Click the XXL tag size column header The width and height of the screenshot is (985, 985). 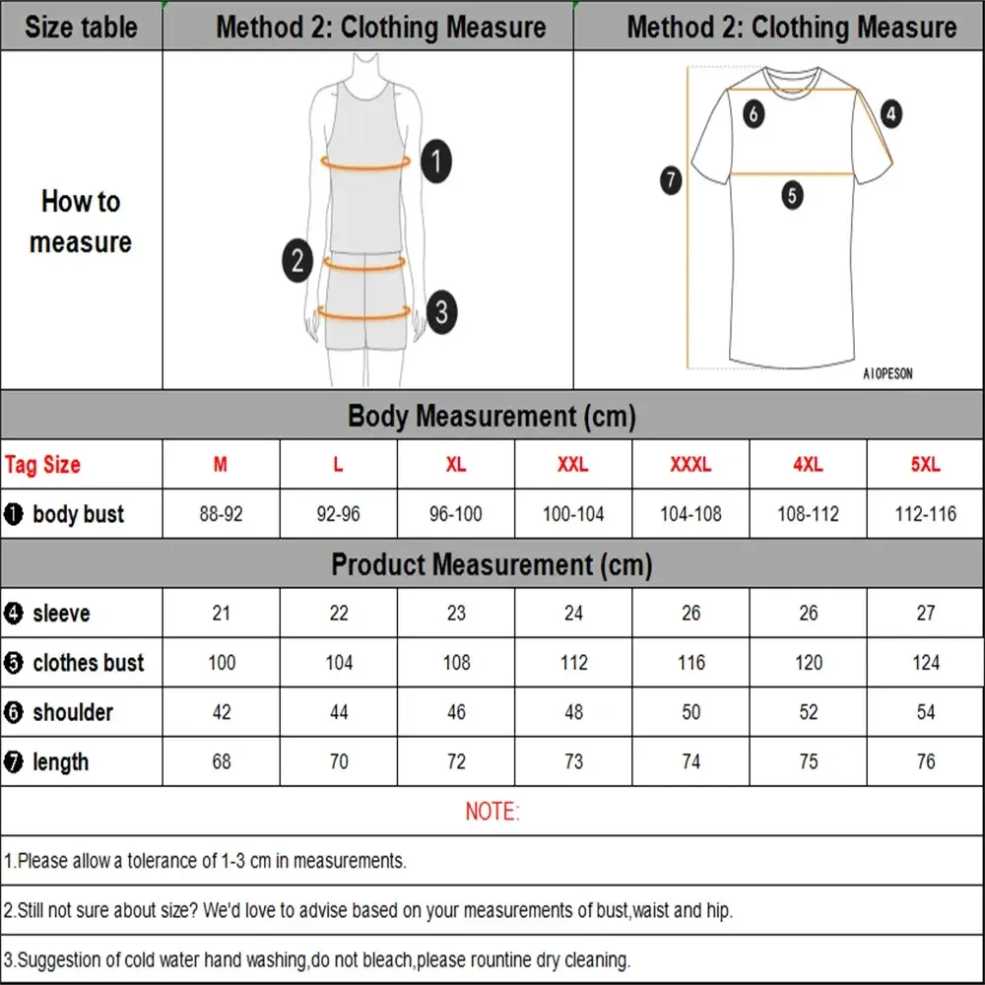coord(573,465)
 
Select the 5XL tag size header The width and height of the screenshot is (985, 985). coord(925,465)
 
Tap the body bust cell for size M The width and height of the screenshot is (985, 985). coord(221,514)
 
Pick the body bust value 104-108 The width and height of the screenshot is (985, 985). coord(690,514)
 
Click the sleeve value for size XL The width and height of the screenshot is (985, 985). coord(456,613)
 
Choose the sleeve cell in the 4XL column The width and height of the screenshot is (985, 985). coord(808,613)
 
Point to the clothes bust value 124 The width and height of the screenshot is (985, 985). coord(925,663)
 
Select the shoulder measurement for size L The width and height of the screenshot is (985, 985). coord(339,712)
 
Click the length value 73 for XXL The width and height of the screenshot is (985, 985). coord(573,761)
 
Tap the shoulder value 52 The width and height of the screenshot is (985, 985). coord(808,712)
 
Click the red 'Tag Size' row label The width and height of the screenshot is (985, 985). coord(42,465)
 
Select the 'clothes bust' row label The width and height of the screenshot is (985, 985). coord(87,663)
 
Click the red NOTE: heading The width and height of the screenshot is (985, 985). coord(492,812)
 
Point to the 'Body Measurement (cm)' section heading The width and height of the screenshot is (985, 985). coord(492,416)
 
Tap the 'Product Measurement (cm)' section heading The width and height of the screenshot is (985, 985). coord(492,564)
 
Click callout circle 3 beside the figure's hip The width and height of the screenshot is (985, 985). coord(441,311)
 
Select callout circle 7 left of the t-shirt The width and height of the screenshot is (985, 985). coord(671,180)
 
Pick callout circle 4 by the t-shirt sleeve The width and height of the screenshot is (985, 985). coord(890,113)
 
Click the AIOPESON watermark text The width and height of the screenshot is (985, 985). coord(887,374)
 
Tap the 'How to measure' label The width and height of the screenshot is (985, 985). coord(81,222)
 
